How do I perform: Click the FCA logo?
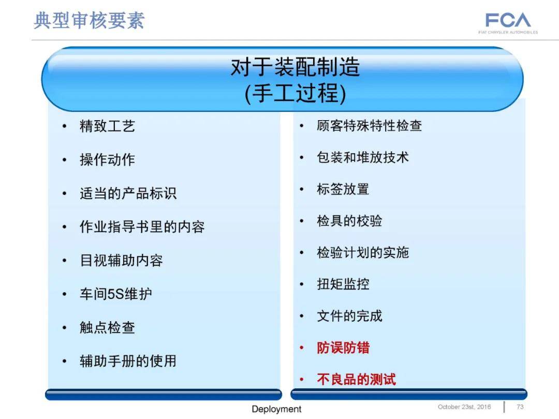coord(508,21)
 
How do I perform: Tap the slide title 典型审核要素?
coord(89,20)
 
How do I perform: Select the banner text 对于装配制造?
coord(295,67)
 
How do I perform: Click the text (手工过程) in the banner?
coord(295,94)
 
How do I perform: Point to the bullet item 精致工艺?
coord(107,126)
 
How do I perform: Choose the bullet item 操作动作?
coord(107,160)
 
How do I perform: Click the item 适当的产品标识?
coord(128,193)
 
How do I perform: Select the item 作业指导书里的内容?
coord(142,227)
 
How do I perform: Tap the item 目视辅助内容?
coord(121,260)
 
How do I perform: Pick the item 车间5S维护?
coord(115,294)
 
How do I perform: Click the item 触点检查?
coord(107,327)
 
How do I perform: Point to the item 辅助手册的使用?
coord(128,360)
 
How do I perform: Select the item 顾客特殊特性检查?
coord(369,125)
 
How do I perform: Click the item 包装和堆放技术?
coord(362,157)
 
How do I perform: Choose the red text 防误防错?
coord(343,348)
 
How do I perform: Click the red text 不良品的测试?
coord(356,379)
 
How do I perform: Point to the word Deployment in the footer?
coord(276,409)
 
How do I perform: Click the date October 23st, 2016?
coord(464,407)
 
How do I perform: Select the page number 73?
coord(520,407)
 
